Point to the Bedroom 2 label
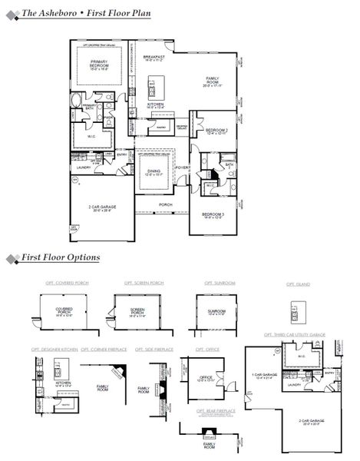[x=216, y=130]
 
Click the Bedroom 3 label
[x=213, y=214]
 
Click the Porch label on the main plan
[x=165, y=204]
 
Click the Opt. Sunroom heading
[x=220, y=283]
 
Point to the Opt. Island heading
[x=297, y=284]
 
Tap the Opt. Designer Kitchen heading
[x=54, y=349]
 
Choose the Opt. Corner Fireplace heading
[x=104, y=349]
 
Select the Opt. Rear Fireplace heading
[x=208, y=411]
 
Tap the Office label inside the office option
[x=206, y=376]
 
